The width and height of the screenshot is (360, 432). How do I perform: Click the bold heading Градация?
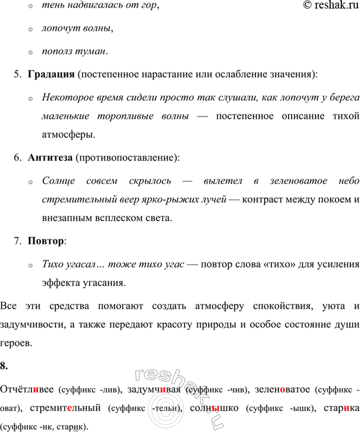click(51, 74)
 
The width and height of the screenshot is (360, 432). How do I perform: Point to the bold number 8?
click(4, 366)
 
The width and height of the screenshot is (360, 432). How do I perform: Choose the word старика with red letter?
click(341, 409)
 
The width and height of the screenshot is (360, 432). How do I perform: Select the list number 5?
click(18, 74)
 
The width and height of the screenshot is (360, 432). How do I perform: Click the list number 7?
click(18, 241)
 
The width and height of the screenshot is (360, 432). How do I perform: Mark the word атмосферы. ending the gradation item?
click(69, 134)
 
